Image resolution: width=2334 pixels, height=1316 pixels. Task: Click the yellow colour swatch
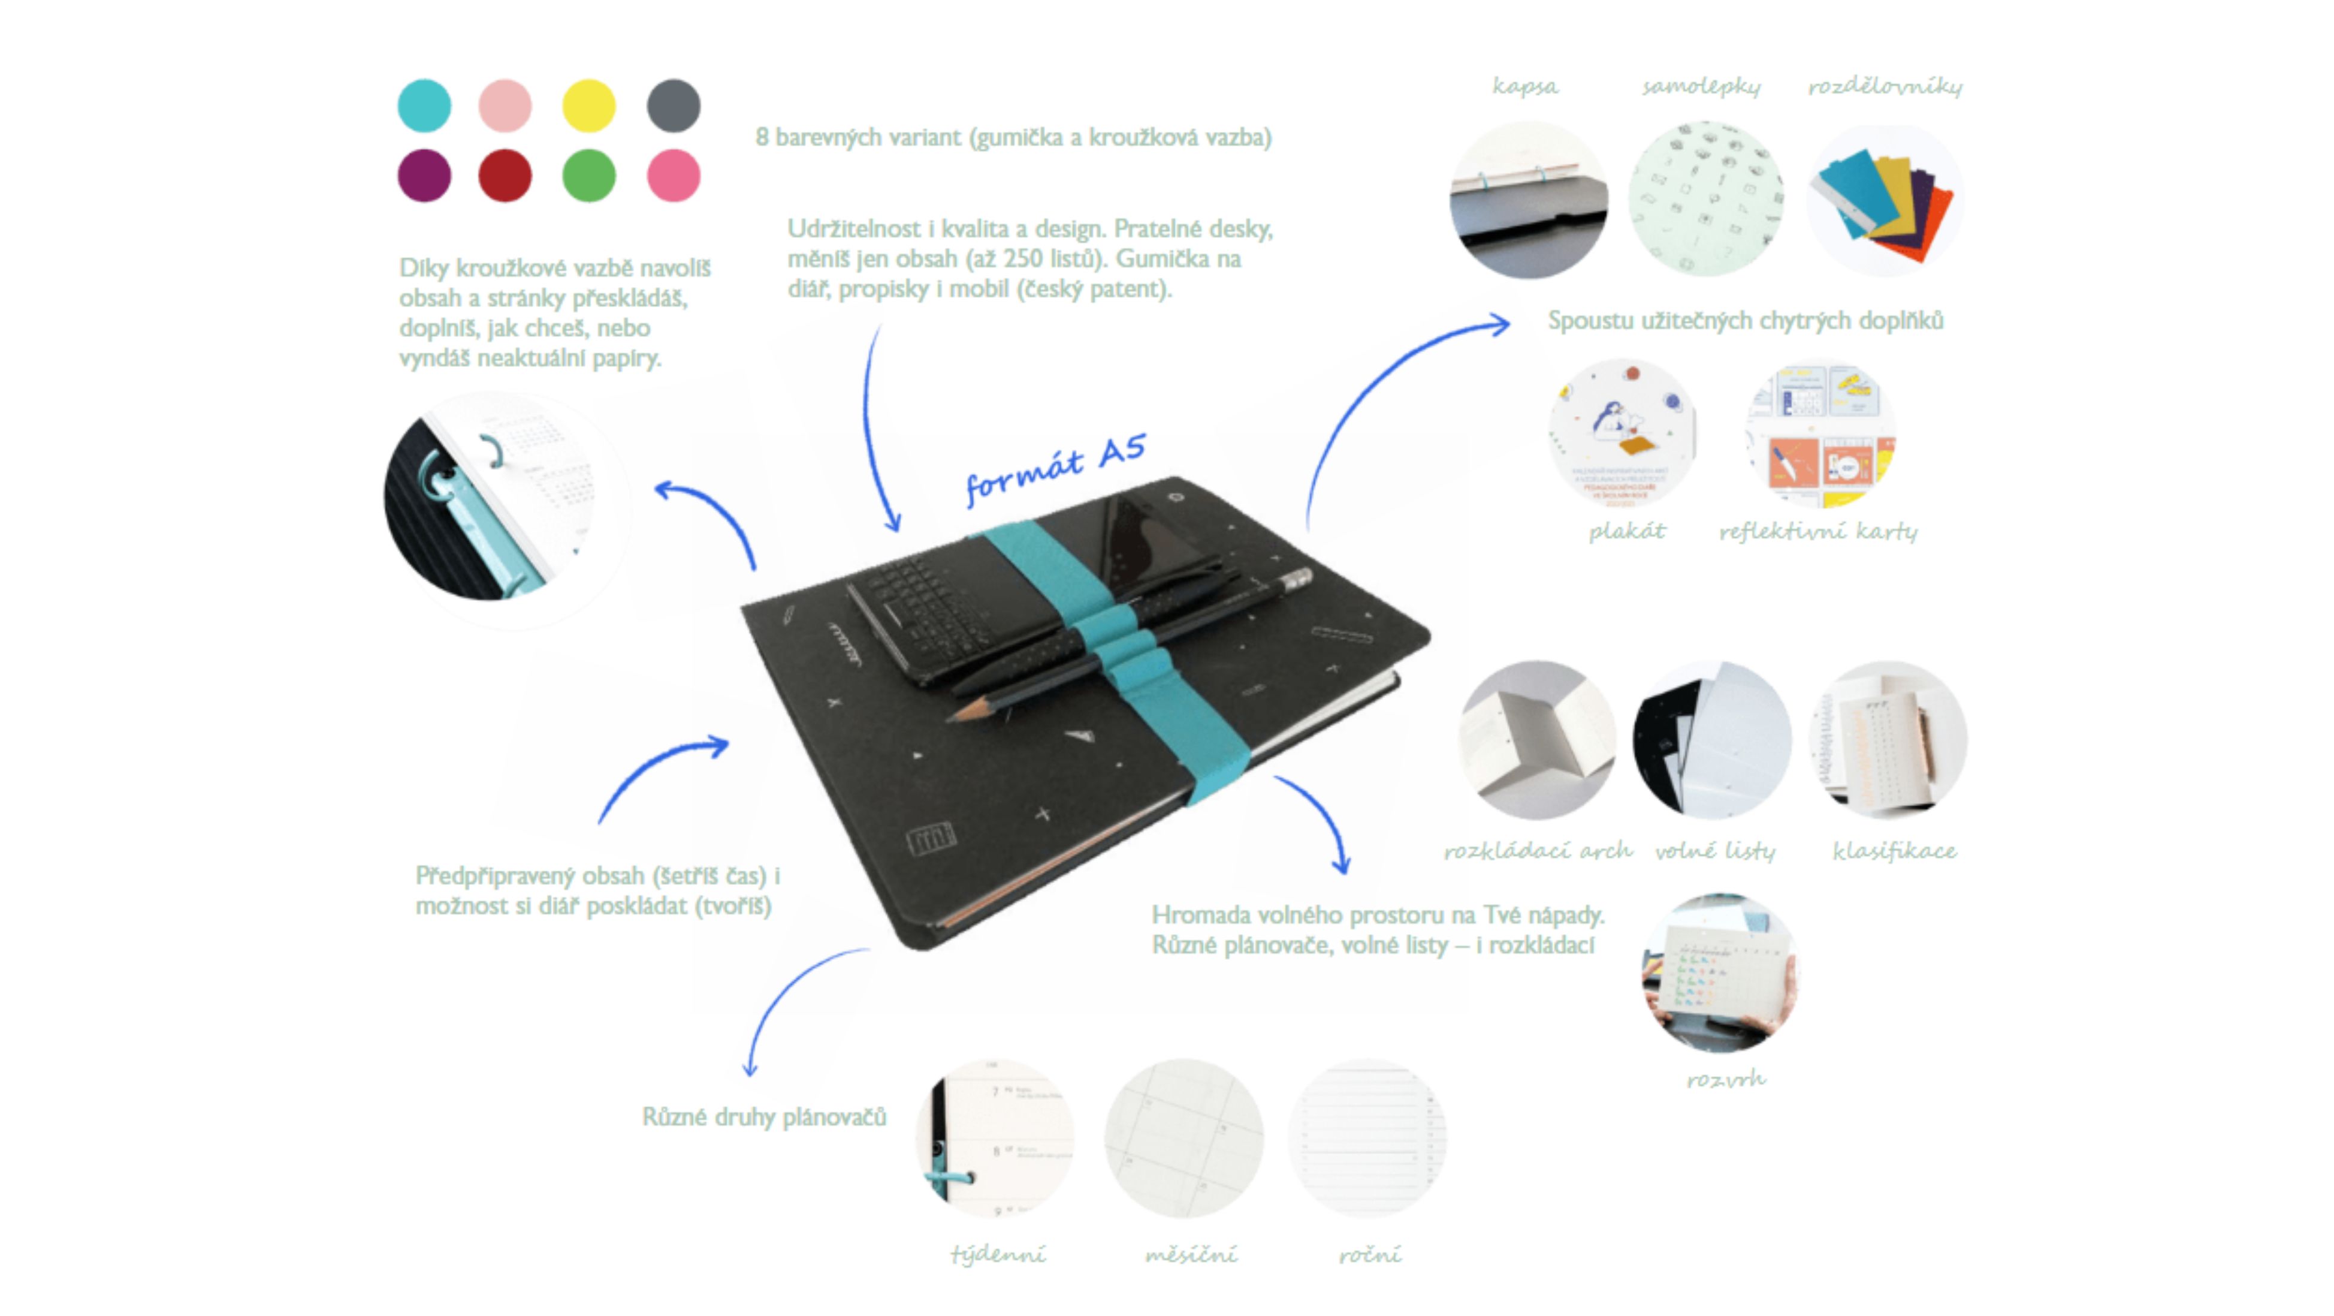589,105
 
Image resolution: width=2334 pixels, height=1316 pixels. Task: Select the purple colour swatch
424,175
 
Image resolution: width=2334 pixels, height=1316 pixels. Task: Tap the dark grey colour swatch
673,105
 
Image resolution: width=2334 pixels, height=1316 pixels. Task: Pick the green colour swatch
589,175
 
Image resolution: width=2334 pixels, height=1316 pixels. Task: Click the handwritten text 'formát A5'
1056,468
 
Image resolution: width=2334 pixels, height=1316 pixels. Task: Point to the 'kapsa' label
1526,86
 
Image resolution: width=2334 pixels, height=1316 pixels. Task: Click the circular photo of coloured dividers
1885,200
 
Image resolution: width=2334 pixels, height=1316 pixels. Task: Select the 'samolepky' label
1701,86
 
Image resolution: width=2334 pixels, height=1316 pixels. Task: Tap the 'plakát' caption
1626,531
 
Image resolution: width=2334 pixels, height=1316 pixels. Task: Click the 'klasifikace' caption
1894,850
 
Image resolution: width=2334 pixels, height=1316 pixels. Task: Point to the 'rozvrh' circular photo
1720,972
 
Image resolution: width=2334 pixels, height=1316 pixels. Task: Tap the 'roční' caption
1369,1254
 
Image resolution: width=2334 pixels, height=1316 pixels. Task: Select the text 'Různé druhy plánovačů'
764,1116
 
